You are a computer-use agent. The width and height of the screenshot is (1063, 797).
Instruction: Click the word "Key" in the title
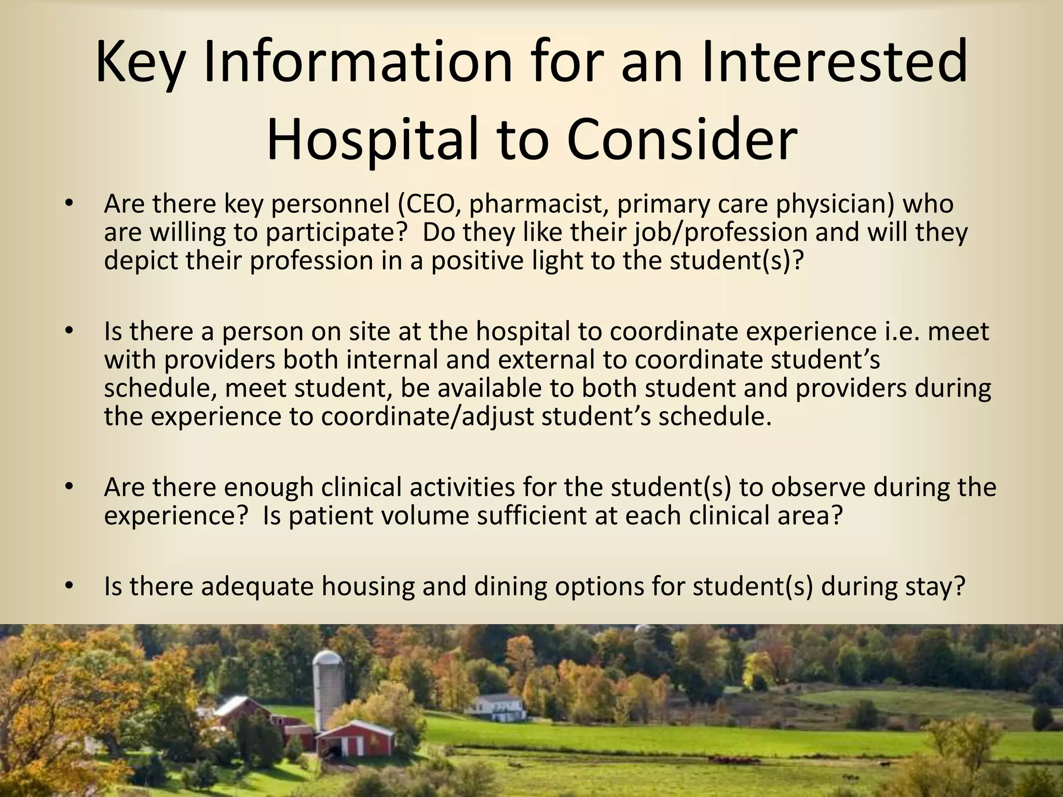pos(140,62)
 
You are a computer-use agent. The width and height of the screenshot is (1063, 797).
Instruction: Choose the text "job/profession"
pos(720,232)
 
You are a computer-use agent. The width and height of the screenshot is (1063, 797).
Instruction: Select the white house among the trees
pos(495,705)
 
